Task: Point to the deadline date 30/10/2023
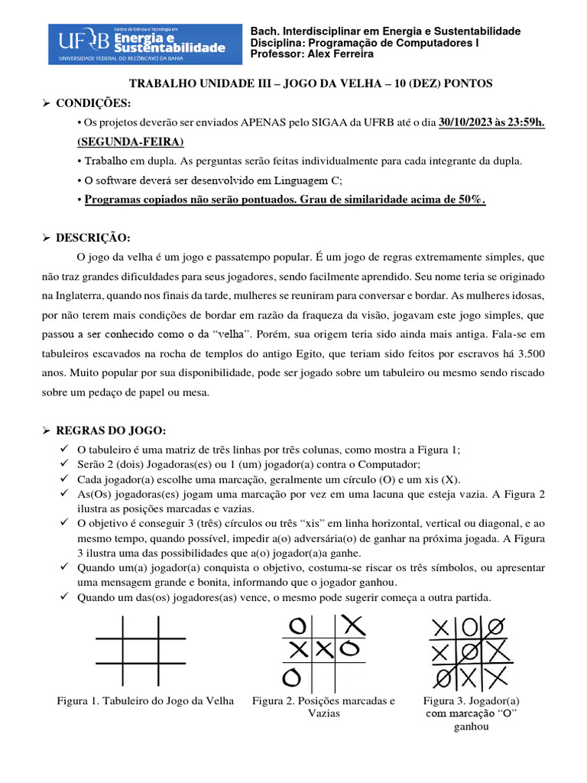[x=469, y=123]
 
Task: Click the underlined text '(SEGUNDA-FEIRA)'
[x=131, y=142]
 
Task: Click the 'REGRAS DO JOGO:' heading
[x=122, y=430]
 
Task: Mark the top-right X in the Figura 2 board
[x=352, y=625]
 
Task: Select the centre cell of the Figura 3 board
[x=471, y=652]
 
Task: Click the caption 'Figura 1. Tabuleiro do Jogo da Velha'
[x=145, y=700]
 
